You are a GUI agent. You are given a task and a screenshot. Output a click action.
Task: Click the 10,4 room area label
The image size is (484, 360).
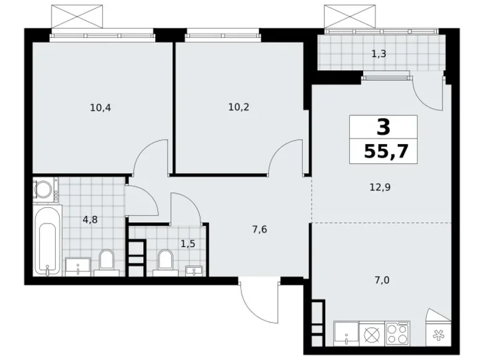tap(100, 107)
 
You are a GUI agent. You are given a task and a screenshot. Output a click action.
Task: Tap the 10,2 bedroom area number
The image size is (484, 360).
tap(239, 106)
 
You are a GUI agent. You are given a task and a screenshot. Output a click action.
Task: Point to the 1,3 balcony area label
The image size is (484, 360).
tap(379, 53)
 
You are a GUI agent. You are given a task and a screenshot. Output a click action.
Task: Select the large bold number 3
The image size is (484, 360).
tap(383, 127)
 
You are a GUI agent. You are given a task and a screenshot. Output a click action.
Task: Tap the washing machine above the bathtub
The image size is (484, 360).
tap(45, 191)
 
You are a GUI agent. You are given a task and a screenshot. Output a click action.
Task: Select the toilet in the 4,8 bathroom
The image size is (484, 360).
tap(106, 263)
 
